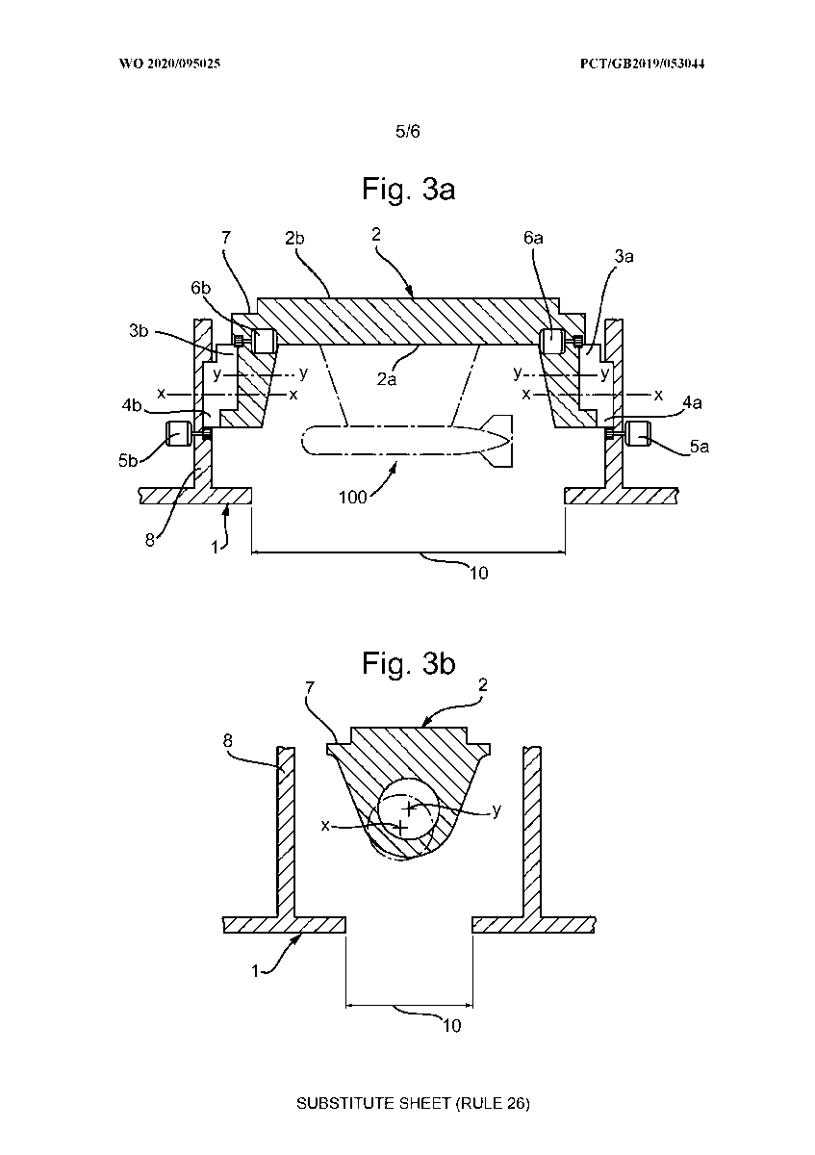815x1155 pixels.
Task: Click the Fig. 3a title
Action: click(x=408, y=190)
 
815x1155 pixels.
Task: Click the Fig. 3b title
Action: click(x=408, y=663)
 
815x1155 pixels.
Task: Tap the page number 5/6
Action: click(x=408, y=132)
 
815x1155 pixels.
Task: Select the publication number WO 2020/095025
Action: click(x=169, y=64)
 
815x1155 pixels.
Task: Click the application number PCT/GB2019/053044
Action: click(x=643, y=64)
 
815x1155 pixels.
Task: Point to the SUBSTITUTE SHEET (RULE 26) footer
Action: click(x=413, y=1103)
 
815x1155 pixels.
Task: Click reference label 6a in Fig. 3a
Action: click(x=533, y=238)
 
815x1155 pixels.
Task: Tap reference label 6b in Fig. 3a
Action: click(x=201, y=288)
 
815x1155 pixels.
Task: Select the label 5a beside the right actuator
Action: click(x=700, y=447)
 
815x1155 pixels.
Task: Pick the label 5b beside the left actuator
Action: click(x=128, y=460)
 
